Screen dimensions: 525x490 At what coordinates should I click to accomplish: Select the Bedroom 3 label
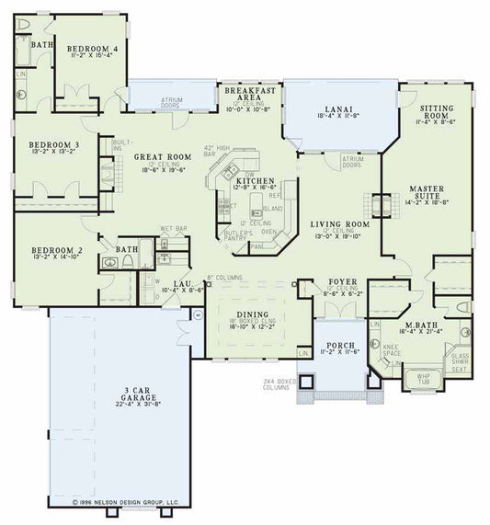click(x=48, y=144)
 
